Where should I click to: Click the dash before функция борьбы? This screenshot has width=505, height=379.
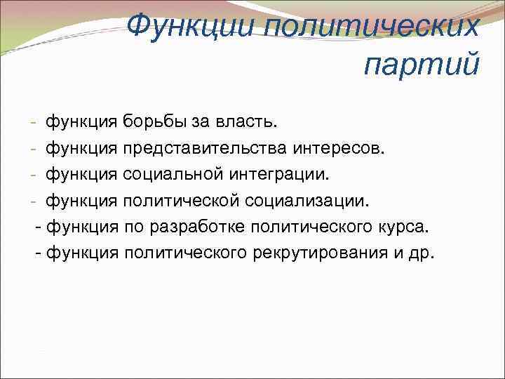[x=34, y=124]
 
